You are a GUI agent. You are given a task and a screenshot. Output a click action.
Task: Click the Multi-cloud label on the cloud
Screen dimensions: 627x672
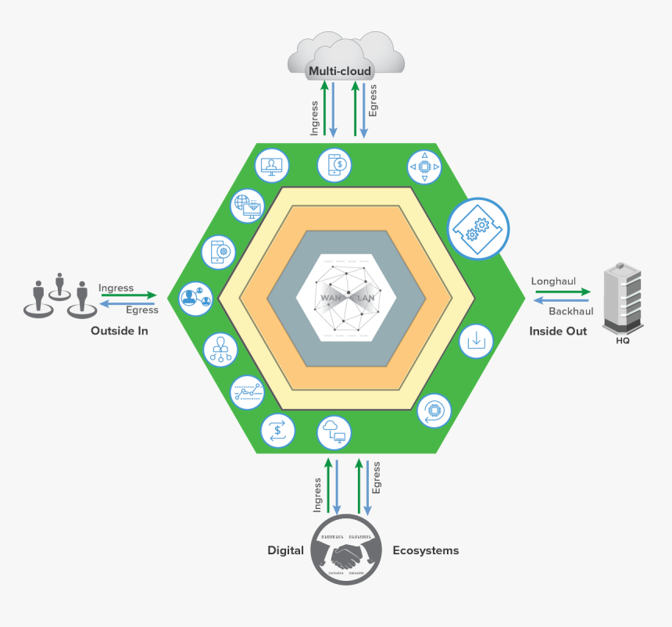340,72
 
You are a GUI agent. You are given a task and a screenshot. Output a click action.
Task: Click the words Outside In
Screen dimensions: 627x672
120,331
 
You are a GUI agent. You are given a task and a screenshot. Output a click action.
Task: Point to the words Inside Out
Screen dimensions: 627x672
558,331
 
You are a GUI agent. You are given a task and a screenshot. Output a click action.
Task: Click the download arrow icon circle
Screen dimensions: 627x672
477,340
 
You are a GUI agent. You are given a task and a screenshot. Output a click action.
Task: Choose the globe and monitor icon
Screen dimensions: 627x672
248,205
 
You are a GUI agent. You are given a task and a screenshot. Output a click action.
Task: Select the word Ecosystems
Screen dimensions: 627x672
425,550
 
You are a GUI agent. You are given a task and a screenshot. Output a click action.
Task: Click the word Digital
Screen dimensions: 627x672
285,550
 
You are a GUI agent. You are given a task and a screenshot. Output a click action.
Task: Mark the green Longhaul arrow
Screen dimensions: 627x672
563,292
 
